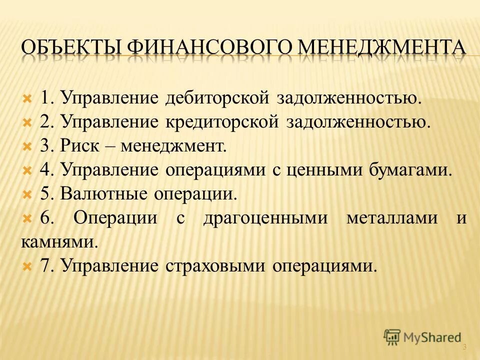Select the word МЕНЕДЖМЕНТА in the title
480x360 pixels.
(383, 48)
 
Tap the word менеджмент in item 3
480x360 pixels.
(178, 146)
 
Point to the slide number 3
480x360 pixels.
(464, 347)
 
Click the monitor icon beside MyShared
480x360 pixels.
(392, 337)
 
